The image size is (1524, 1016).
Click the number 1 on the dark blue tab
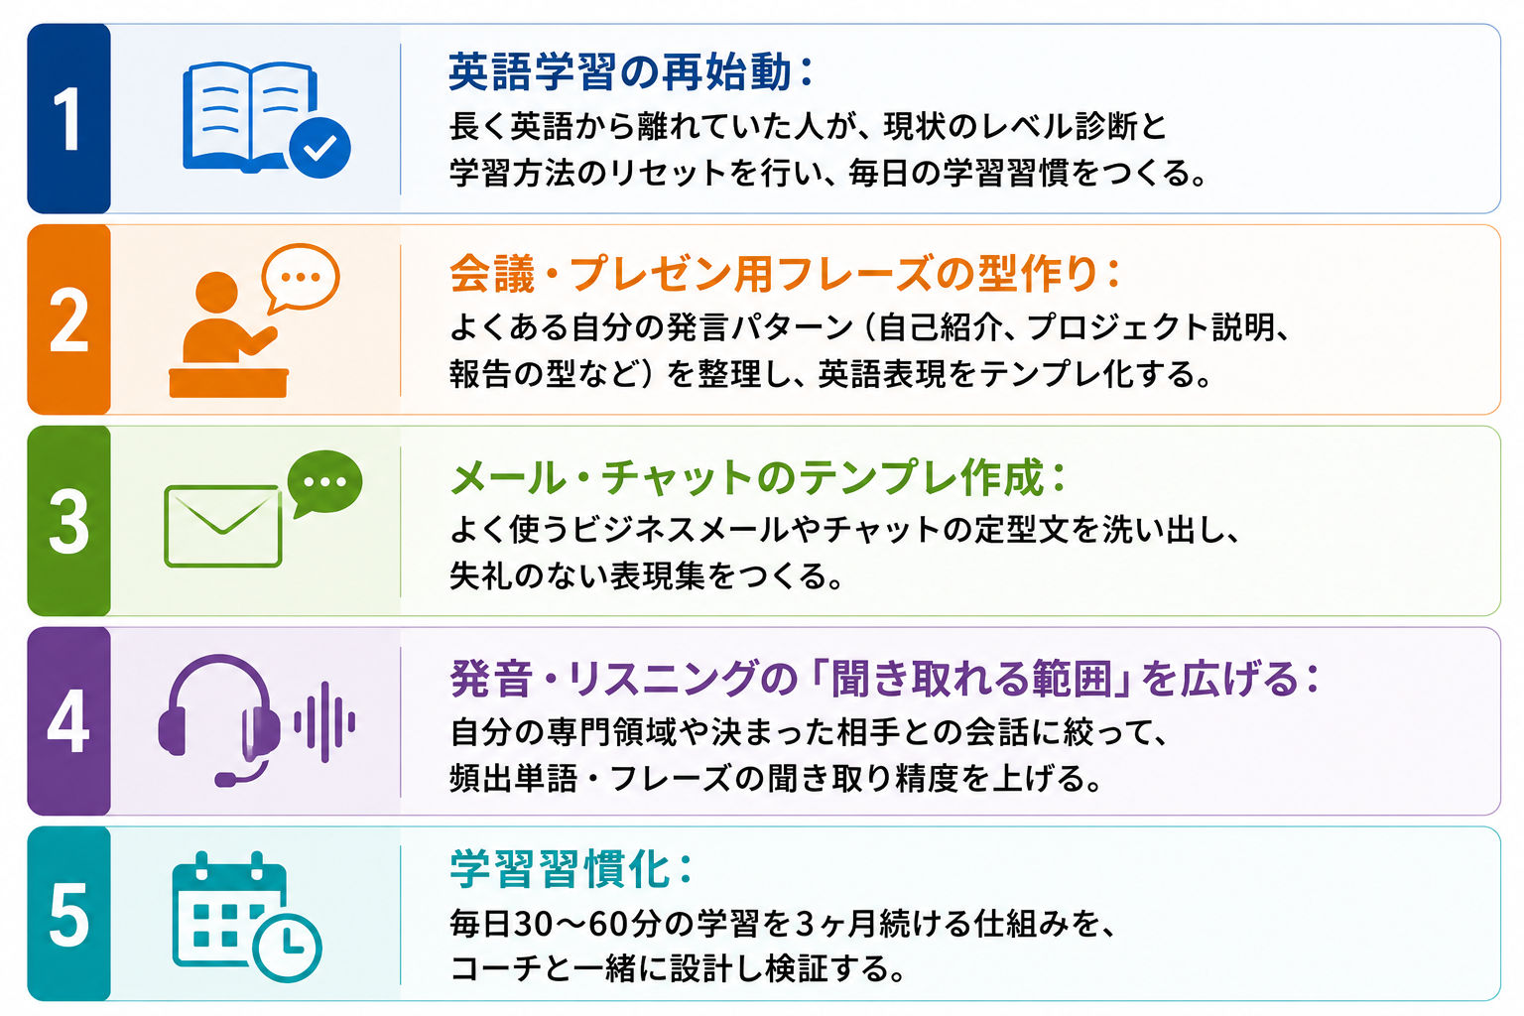click(x=68, y=119)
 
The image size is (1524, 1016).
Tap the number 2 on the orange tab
click(x=68, y=320)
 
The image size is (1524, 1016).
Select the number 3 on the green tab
click(x=68, y=522)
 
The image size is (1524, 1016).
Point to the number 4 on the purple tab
click(x=68, y=720)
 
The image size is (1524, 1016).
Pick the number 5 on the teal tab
click(x=68, y=914)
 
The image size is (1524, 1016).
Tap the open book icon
click(x=250, y=116)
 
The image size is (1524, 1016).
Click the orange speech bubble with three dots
click(x=300, y=278)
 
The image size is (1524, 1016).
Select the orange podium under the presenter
click(x=228, y=383)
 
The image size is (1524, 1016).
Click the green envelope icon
click(x=223, y=526)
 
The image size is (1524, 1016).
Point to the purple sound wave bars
click(x=324, y=722)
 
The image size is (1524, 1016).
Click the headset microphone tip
click(x=224, y=779)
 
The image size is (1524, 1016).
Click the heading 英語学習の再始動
click(x=620, y=72)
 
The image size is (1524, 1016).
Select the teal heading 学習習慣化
click(x=560, y=869)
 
